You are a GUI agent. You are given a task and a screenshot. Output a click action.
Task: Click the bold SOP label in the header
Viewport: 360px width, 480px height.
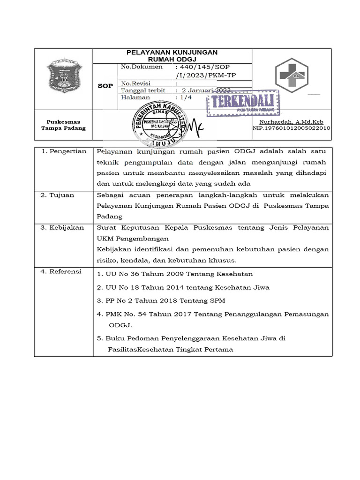105,86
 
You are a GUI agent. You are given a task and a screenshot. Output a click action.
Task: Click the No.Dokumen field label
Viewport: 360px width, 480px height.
142,67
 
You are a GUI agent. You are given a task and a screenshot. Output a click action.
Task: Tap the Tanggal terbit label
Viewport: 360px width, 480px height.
143,90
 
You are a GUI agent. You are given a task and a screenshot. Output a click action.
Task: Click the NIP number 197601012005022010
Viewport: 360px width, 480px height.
292,127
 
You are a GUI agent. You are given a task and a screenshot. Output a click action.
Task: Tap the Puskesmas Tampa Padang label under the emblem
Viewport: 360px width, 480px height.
63,125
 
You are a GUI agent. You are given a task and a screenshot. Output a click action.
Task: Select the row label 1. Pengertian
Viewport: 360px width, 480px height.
64,151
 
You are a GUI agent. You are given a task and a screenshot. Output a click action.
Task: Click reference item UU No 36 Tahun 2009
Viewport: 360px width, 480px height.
175,274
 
